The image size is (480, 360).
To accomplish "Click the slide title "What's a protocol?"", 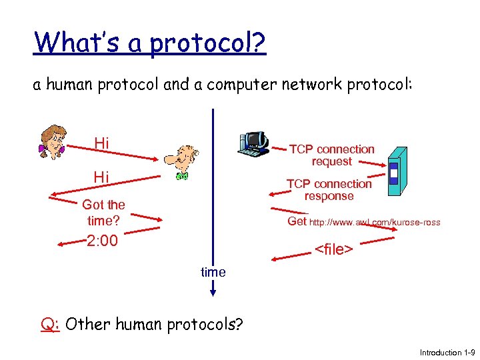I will coord(150,43).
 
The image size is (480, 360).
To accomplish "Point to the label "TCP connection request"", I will coord(331,155).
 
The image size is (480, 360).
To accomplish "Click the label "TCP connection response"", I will coord(329,190).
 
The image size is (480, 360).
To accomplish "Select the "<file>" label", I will coord(333,249).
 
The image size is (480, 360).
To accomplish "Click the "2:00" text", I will coord(102,241).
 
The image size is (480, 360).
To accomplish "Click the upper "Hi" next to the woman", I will coord(101,143).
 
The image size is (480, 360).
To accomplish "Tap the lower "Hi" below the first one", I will coord(101,177).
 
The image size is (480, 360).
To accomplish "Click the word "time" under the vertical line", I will coord(213,272).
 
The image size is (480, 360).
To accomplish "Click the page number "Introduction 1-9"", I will coord(446,352).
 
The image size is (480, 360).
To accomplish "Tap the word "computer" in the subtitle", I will coord(250,85).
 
